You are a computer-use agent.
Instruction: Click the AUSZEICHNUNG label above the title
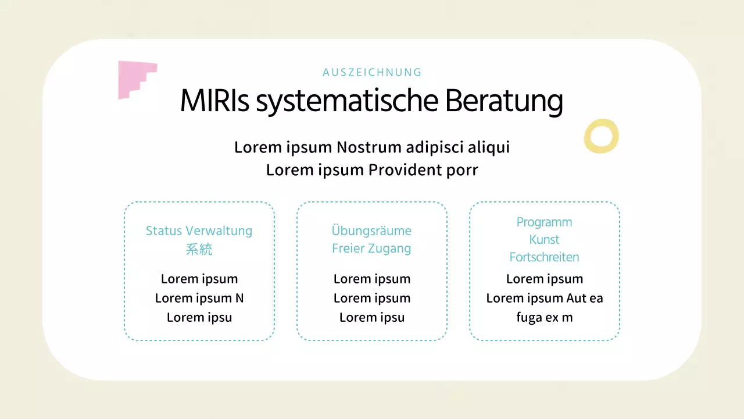pyautogui.click(x=372, y=73)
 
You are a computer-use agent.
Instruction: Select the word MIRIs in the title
pyautogui.click(x=214, y=101)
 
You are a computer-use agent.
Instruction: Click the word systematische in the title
pyautogui.click(x=347, y=101)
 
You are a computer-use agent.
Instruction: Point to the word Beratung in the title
pyautogui.click(x=504, y=101)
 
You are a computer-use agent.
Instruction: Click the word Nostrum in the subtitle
pyautogui.click(x=369, y=147)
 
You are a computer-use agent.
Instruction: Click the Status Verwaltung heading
pyautogui.click(x=199, y=231)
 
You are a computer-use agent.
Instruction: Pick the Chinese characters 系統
pyautogui.click(x=199, y=250)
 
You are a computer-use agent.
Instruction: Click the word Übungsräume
pyautogui.click(x=372, y=230)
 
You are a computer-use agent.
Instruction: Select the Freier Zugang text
pyautogui.click(x=372, y=248)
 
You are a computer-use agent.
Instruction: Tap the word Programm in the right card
pyautogui.click(x=544, y=222)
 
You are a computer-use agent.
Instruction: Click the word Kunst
pyautogui.click(x=544, y=240)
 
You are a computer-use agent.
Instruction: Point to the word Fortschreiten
pyautogui.click(x=544, y=257)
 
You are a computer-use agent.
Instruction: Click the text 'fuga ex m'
pyautogui.click(x=544, y=318)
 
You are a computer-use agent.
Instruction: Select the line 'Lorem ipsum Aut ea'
pyautogui.click(x=544, y=299)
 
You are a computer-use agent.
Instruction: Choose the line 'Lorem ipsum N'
pyautogui.click(x=199, y=299)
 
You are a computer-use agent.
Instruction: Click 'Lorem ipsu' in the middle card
pyautogui.click(x=372, y=318)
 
